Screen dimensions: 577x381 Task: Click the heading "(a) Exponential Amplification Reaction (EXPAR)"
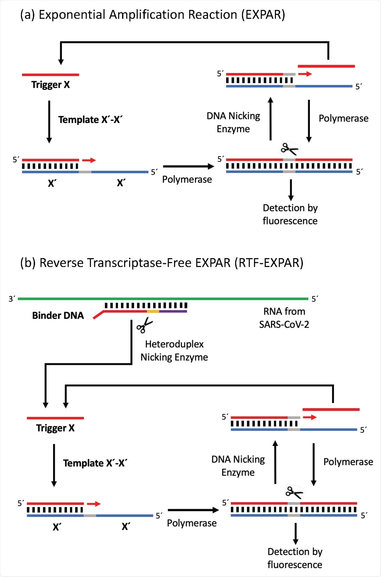click(x=152, y=15)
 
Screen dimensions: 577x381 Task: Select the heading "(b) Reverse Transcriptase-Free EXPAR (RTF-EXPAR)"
click(x=162, y=263)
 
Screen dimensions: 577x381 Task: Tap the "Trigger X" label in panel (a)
click(x=50, y=85)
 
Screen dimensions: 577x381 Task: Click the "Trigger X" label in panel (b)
click(x=55, y=428)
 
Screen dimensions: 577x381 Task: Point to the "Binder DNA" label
click(x=58, y=316)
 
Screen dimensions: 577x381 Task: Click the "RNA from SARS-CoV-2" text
click(x=284, y=318)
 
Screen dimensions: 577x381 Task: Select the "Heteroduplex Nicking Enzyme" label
click(x=174, y=351)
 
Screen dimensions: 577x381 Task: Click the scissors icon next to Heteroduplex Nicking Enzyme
click(x=144, y=325)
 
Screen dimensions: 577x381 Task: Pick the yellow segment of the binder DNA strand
click(x=153, y=311)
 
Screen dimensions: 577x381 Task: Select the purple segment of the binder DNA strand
click(x=173, y=311)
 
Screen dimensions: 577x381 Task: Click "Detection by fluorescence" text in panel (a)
click(x=290, y=214)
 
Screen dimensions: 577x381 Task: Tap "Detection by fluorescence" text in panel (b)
click(x=295, y=558)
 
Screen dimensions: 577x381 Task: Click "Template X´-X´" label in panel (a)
click(x=90, y=120)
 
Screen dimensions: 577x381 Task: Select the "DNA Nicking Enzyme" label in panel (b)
click(x=238, y=466)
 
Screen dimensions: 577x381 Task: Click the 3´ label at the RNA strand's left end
click(x=12, y=299)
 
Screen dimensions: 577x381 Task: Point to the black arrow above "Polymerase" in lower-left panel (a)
click(x=189, y=166)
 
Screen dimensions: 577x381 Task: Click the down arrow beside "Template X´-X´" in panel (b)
click(x=54, y=465)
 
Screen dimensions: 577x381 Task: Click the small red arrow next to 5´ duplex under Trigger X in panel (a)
click(x=89, y=160)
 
